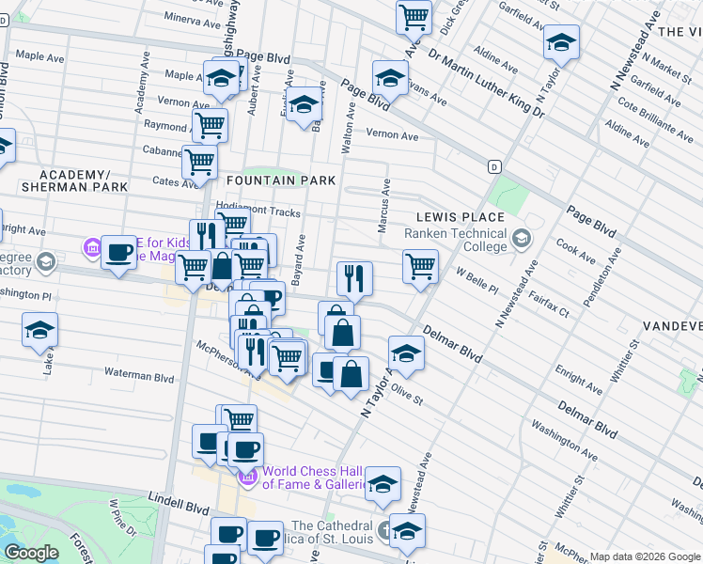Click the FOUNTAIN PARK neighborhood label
[x=278, y=180]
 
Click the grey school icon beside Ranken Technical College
[x=520, y=239]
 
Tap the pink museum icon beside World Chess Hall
[x=248, y=478]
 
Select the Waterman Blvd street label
[x=139, y=377]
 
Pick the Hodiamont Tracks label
[x=258, y=211]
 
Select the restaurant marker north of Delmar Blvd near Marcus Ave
[x=354, y=277]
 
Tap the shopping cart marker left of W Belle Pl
[x=420, y=265]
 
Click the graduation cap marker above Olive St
[x=405, y=352]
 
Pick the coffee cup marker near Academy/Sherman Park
[x=118, y=252]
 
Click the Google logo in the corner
[x=31, y=553]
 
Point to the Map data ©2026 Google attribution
[x=644, y=556]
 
